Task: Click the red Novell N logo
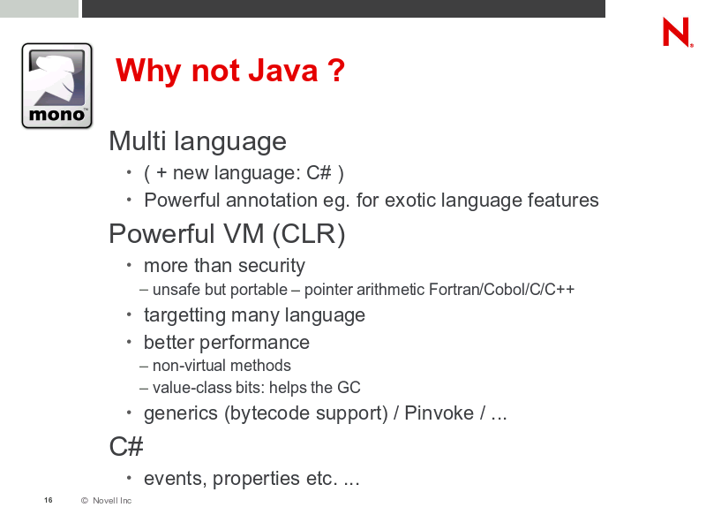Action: click(677, 32)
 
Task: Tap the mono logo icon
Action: click(56, 86)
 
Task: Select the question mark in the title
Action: click(336, 71)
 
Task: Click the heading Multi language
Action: click(198, 141)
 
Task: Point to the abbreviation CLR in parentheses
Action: click(309, 234)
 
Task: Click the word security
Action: click(272, 266)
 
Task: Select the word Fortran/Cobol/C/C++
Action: click(501, 290)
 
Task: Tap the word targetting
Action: click(184, 315)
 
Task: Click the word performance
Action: click(254, 343)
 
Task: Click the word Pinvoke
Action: click(439, 413)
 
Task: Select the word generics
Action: click(181, 413)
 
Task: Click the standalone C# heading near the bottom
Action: click(126, 447)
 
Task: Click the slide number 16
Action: click(49, 500)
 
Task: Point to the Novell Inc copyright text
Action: click(106, 500)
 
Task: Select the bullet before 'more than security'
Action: click(129, 265)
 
